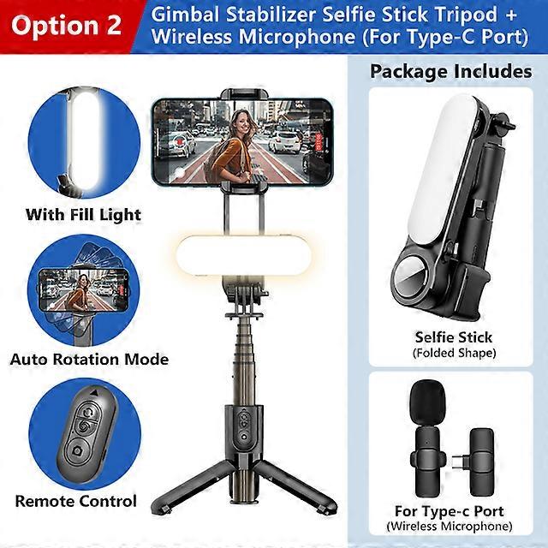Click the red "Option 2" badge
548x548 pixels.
pos(67,25)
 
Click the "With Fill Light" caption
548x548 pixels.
pos(83,214)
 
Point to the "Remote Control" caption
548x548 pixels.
pos(75,501)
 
